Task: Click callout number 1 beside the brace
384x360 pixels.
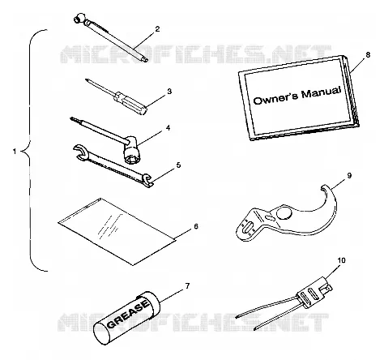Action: pyautogui.click(x=15, y=152)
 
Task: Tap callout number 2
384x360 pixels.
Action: pyautogui.click(x=157, y=29)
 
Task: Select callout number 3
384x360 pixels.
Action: pyautogui.click(x=169, y=92)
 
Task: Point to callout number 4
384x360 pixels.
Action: pyautogui.click(x=168, y=128)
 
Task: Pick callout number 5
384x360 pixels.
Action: pyautogui.click(x=178, y=165)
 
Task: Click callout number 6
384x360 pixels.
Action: pyautogui.click(x=196, y=226)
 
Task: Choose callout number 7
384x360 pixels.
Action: pyautogui.click(x=187, y=286)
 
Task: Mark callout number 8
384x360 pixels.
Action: pyautogui.click(x=368, y=54)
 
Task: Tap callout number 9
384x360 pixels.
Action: pyautogui.click(x=349, y=175)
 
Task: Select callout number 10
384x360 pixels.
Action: pyautogui.click(x=341, y=260)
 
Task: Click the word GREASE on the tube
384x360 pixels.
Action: pyautogui.click(x=129, y=313)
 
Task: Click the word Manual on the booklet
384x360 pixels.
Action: pyautogui.click(x=321, y=93)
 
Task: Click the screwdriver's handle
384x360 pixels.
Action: pyautogui.click(x=130, y=103)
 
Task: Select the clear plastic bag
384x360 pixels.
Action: pyautogui.click(x=117, y=231)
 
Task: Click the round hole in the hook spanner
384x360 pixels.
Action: pyautogui.click(x=284, y=213)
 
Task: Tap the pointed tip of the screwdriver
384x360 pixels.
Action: pyautogui.click(x=86, y=79)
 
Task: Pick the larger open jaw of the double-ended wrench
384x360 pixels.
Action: pyautogui.click(x=79, y=152)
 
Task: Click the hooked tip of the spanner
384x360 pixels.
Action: pyautogui.click(x=323, y=187)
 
